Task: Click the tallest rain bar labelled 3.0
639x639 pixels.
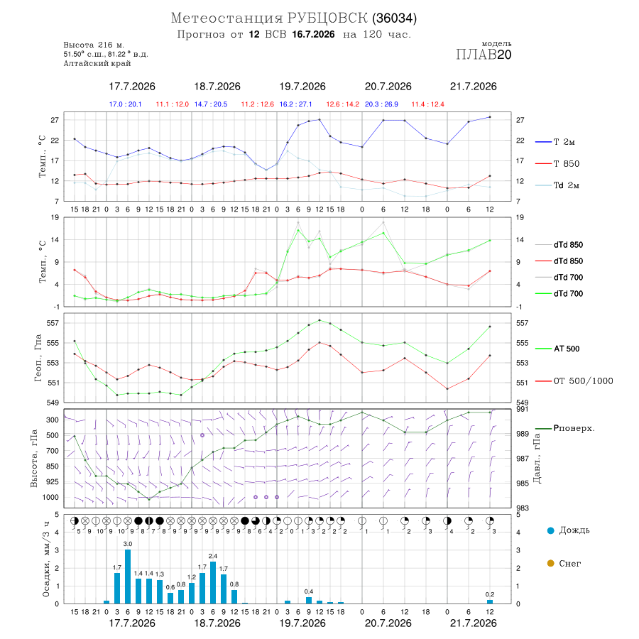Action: pos(128,577)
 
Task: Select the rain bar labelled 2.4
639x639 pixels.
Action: pos(213,582)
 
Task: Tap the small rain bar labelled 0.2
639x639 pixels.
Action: pos(490,601)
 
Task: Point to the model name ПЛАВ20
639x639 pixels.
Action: pos(484,55)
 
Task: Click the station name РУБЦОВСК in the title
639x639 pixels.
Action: pos(327,18)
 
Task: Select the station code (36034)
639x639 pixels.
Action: pos(395,18)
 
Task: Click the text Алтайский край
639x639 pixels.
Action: pos(97,63)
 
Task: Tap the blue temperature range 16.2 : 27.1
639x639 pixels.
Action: pos(296,104)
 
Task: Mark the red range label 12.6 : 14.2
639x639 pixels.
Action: pos(343,104)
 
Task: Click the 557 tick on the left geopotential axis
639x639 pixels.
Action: pos(53,323)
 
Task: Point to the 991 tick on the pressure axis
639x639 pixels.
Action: pos(523,409)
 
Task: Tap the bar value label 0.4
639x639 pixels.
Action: pos(309,591)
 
